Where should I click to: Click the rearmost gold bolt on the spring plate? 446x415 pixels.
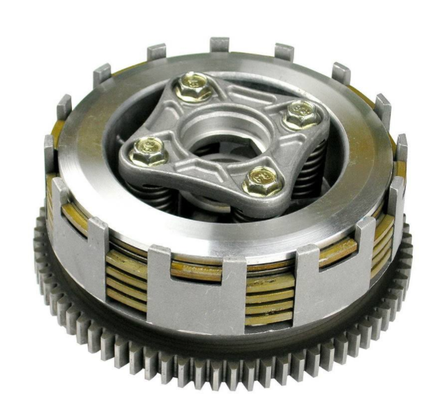click(193, 87)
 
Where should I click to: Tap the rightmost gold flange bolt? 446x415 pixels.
click(300, 113)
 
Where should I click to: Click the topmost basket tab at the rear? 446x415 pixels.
click(219, 45)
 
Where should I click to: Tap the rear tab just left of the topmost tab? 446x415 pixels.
click(157, 52)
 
